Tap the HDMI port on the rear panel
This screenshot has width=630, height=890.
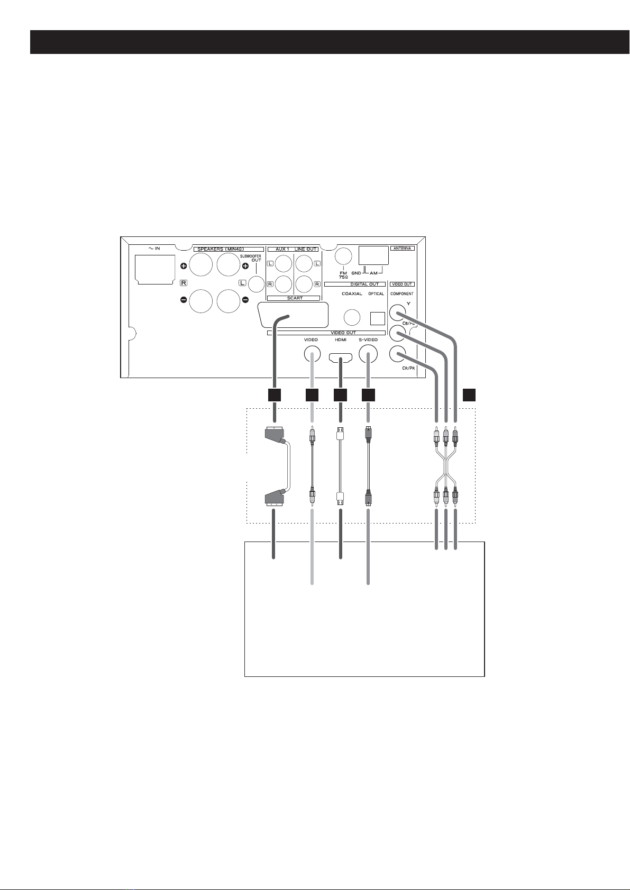(x=341, y=359)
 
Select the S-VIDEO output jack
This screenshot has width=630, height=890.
(x=368, y=353)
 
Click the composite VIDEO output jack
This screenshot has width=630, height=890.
(x=311, y=353)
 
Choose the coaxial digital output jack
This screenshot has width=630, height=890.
(x=352, y=317)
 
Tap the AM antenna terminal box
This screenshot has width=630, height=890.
(x=373, y=255)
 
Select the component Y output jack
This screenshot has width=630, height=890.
(x=397, y=313)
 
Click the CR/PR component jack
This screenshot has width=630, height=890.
(x=397, y=354)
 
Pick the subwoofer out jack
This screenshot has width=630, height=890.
(x=257, y=285)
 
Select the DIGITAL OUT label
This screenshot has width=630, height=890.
(x=365, y=285)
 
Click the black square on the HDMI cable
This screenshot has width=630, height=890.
(x=340, y=394)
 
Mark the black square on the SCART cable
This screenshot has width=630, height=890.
(x=273, y=394)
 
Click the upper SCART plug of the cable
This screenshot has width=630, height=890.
(x=275, y=436)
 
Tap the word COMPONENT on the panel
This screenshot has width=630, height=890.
(x=402, y=293)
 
